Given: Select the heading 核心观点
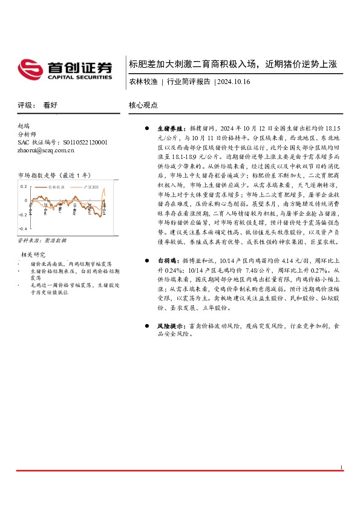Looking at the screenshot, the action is pos(143,105).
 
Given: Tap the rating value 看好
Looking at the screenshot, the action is pos(50,105).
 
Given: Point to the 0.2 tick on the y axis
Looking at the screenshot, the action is pos(24,186).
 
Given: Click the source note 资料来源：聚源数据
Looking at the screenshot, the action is pos(41,241).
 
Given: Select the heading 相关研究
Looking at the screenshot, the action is pos(34,254).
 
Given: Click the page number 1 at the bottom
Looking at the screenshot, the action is pos(342,467).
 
